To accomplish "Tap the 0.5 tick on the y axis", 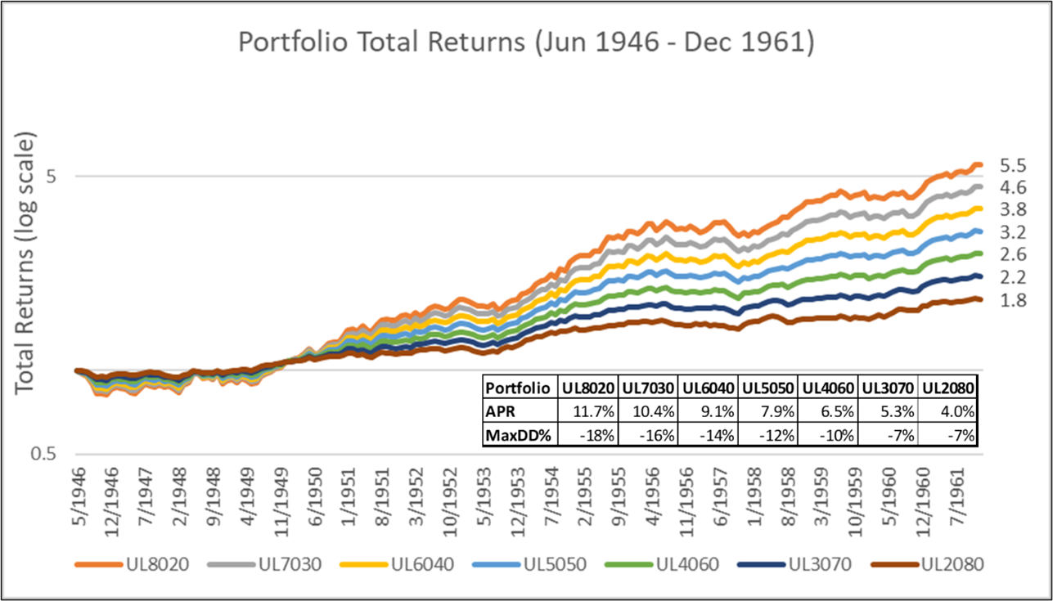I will click(x=47, y=454).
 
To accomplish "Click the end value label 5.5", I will click(x=1012, y=166).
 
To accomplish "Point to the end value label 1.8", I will click(x=1012, y=300).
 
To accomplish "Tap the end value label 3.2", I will click(x=1012, y=232).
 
